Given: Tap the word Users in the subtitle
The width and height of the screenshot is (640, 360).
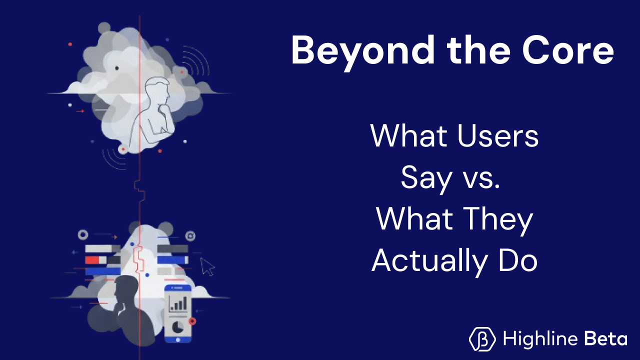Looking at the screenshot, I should click(492, 135).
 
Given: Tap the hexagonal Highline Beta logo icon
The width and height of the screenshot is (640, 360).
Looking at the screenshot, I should click(482, 338).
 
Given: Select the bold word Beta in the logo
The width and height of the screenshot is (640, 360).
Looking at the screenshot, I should click(606, 339).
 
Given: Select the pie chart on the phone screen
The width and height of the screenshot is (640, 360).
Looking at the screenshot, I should click(178, 327).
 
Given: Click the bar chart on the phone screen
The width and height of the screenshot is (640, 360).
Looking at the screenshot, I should click(178, 303).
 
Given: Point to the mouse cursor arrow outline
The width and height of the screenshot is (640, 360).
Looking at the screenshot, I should click(207, 266).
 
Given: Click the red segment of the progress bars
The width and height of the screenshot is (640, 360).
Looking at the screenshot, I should click(92, 260).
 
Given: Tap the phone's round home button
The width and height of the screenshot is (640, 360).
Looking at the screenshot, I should click(178, 339).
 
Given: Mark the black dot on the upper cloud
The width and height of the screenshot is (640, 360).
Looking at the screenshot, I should click(117, 68).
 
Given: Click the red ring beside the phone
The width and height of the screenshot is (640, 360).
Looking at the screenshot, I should click(192, 321).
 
